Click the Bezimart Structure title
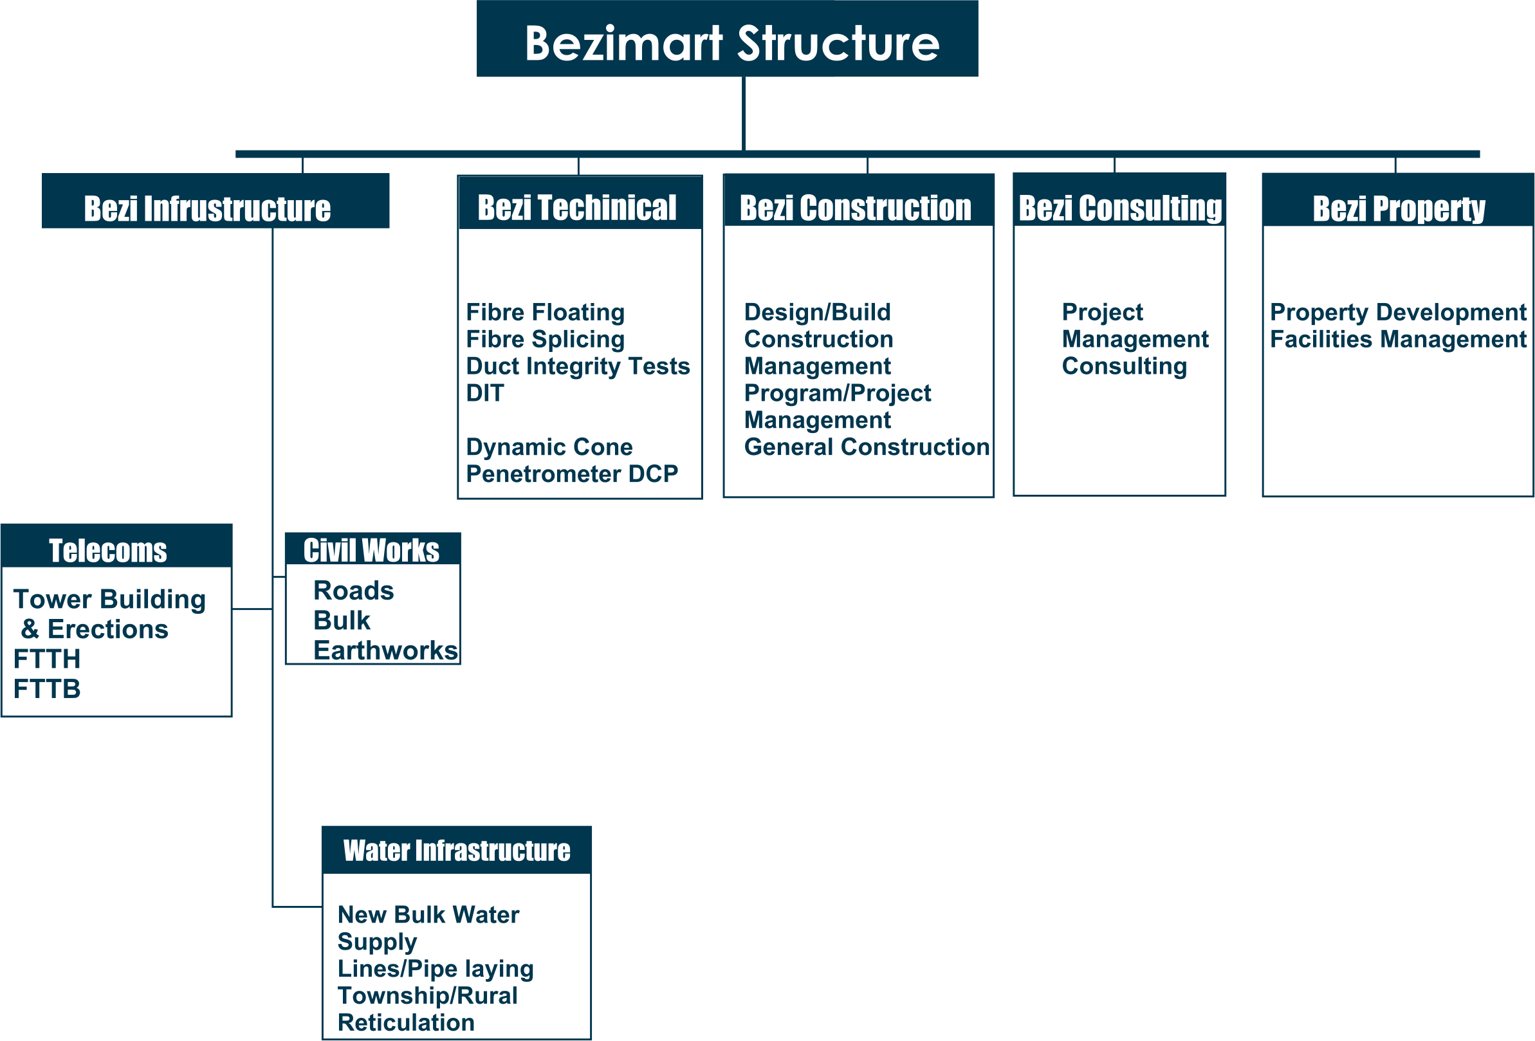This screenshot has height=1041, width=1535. tap(731, 44)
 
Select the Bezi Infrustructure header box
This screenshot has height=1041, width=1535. tap(207, 208)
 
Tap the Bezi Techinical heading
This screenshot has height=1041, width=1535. tap(576, 207)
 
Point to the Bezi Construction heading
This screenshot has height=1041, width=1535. tap(856, 208)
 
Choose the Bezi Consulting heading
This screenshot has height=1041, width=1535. tap(1120, 208)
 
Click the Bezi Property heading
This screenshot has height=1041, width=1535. tap(1398, 208)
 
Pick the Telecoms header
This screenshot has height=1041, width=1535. tap(107, 550)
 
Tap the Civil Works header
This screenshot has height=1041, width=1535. tap(371, 550)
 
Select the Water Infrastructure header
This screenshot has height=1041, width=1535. tap(456, 851)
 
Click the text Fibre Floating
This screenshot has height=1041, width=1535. tap(545, 312)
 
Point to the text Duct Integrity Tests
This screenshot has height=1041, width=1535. tap(577, 366)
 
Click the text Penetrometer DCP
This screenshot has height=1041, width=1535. tap(571, 474)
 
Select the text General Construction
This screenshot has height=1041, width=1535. tap(867, 447)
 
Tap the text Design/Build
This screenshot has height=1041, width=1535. tap(817, 312)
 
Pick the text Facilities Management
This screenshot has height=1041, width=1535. tap(1397, 339)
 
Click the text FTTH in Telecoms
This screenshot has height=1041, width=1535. tap(47, 659)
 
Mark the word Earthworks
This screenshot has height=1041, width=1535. tap(385, 650)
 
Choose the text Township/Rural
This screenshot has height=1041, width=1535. tap(427, 995)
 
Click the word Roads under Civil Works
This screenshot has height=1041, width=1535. tap(353, 591)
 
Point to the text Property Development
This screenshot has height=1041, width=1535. tap(1397, 312)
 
